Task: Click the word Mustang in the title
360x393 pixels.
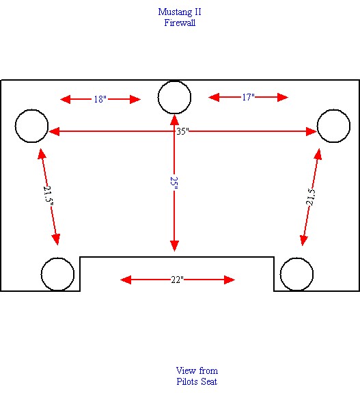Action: coord(173,12)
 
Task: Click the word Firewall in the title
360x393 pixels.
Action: coord(180,23)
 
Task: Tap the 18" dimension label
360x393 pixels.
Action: coord(100,99)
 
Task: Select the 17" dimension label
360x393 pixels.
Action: coord(248,97)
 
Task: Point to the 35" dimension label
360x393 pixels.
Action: coord(182,131)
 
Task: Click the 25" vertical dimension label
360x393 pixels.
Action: coord(174,183)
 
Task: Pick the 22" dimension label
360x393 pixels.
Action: coord(178,280)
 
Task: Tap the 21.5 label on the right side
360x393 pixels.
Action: coord(311,197)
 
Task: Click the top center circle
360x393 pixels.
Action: coord(175,81)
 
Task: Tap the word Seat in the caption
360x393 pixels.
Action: coord(209,381)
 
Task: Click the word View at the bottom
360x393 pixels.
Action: coord(186,370)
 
